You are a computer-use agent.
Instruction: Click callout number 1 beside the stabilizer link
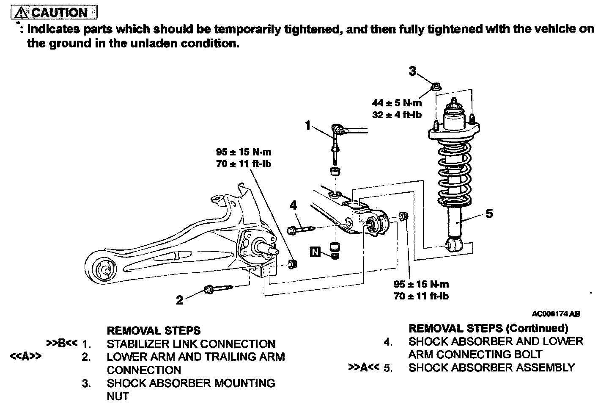(308, 125)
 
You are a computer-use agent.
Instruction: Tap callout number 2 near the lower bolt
(180, 300)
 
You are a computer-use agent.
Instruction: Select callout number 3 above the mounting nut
(413, 71)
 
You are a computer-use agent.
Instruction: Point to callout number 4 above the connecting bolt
(294, 206)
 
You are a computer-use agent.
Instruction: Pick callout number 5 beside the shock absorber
(489, 214)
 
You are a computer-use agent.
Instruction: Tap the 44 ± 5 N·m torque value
(397, 103)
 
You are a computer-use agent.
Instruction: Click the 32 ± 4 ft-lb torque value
(397, 114)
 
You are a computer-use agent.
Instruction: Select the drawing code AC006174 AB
(556, 314)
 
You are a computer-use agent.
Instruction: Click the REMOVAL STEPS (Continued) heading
(488, 328)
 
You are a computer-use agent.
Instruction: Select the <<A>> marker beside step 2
(25, 357)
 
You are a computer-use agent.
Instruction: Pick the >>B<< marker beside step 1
(62, 343)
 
